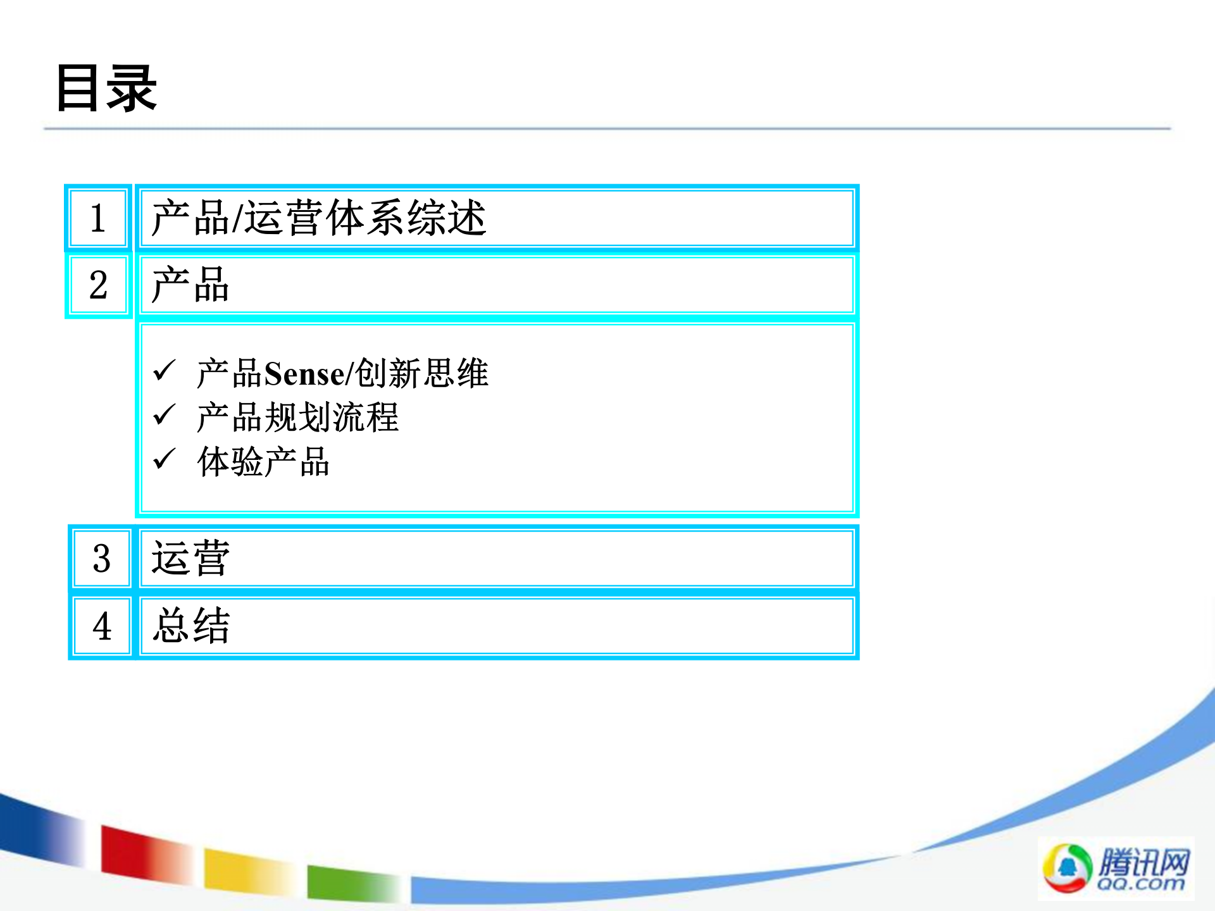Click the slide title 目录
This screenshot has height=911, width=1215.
(x=106, y=89)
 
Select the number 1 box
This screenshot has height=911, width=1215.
(x=98, y=218)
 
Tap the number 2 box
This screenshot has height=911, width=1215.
(x=98, y=285)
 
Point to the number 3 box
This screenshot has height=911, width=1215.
(x=101, y=559)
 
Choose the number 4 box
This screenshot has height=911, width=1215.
(x=101, y=626)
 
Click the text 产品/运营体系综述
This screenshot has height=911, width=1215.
(x=318, y=218)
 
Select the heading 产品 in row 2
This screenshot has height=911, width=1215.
(x=190, y=285)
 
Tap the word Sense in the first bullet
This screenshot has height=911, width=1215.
(x=304, y=373)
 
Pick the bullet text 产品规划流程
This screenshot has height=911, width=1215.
(x=297, y=418)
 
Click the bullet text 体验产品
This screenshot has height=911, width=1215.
(x=263, y=462)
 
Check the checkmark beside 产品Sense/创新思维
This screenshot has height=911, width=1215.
(x=165, y=371)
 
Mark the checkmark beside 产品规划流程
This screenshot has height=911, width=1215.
(x=165, y=415)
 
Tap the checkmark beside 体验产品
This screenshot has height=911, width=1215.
(x=165, y=459)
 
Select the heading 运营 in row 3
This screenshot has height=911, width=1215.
(x=190, y=559)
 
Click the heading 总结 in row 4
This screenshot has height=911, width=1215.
(x=191, y=626)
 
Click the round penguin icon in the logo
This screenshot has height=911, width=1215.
(x=1068, y=868)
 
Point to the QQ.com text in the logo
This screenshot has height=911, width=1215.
(x=1141, y=883)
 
